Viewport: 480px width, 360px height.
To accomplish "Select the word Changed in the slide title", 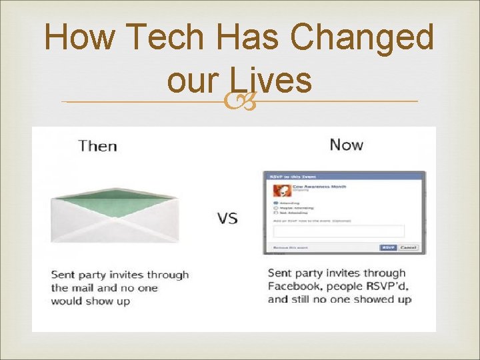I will [x=365, y=37].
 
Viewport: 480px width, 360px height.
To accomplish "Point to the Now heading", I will [x=346, y=145].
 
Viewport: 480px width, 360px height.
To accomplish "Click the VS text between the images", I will [x=227, y=218].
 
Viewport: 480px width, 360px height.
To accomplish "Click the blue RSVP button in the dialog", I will [x=388, y=247].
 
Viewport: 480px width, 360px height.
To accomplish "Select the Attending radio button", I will [x=276, y=203].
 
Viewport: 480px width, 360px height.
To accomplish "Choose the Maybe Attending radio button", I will [x=276, y=208].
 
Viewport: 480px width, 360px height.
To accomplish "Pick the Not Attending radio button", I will [x=276, y=213].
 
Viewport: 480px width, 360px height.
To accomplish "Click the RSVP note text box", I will [x=339, y=231].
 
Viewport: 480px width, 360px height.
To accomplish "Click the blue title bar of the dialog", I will [x=344, y=177].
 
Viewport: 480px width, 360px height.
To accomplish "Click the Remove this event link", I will [x=291, y=247].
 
